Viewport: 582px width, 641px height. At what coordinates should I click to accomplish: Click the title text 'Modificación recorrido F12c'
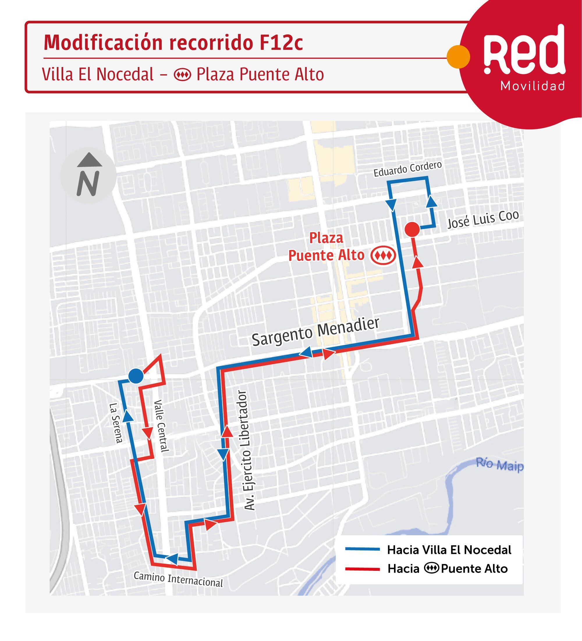click(173, 42)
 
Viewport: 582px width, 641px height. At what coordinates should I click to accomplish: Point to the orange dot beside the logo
click(458, 57)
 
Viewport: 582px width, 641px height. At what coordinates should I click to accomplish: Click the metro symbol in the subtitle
click(182, 75)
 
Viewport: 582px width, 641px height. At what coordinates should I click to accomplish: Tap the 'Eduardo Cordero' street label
click(407, 169)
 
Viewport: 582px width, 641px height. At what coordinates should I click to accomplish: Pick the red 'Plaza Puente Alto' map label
click(327, 246)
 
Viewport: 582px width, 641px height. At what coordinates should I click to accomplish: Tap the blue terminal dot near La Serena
click(136, 376)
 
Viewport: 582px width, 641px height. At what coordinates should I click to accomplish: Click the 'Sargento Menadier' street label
click(316, 331)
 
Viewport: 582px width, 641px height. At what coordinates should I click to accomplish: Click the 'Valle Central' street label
click(161, 425)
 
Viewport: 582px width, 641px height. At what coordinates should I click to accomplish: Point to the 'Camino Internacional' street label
click(178, 579)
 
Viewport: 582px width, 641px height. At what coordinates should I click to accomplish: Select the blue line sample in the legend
click(362, 549)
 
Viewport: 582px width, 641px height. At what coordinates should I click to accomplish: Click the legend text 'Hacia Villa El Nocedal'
click(449, 550)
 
